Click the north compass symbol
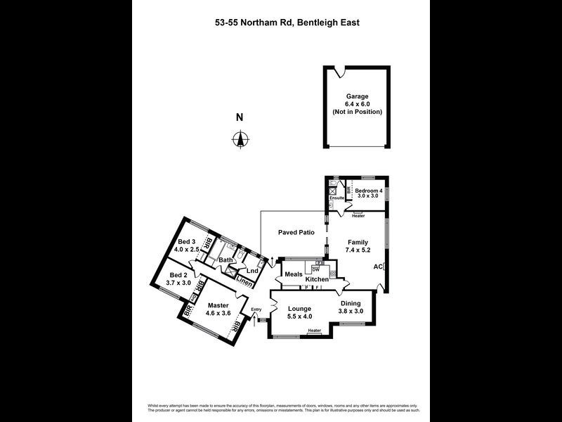tap(240, 140)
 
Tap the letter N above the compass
tap(240, 117)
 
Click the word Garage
tap(356, 96)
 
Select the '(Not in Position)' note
tap(356, 113)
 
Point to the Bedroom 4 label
tap(368, 191)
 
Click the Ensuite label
tap(337, 198)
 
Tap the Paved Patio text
tap(296, 232)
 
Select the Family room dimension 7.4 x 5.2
tap(358, 250)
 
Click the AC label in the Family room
tap(378, 267)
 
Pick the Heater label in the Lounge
tap(314, 331)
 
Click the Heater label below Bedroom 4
tap(358, 216)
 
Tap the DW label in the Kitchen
tap(316, 271)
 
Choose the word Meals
tap(294, 274)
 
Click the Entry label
tap(256, 308)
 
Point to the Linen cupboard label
tap(244, 283)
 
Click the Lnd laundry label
tap(252, 271)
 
